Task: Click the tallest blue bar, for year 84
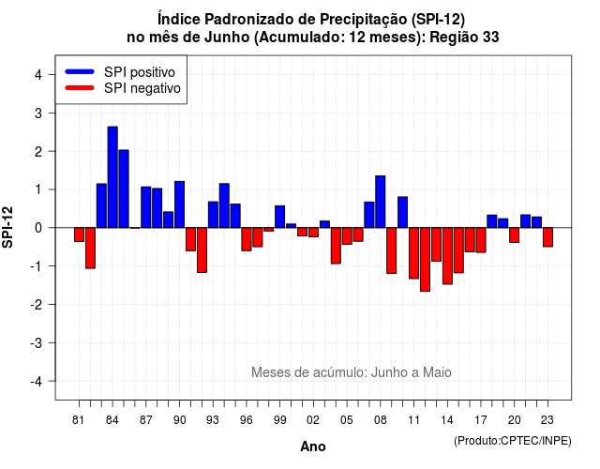tap(112, 177)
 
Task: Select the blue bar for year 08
tap(381, 202)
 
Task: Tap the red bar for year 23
tap(547, 237)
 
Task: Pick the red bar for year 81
tap(79, 234)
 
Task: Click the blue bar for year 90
tap(179, 204)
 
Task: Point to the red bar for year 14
tap(447, 256)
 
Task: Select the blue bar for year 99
tap(280, 217)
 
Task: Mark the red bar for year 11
tap(414, 253)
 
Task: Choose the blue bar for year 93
tap(213, 215)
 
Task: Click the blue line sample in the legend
tap(80, 71)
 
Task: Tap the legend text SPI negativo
tap(142, 88)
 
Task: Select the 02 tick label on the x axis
tap(313, 420)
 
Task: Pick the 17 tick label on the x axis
tap(481, 420)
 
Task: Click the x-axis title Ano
tap(313, 446)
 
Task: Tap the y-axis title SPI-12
tap(7, 227)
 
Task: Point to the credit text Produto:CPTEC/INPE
tap(513, 441)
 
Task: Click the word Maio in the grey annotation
tap(437, 372)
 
